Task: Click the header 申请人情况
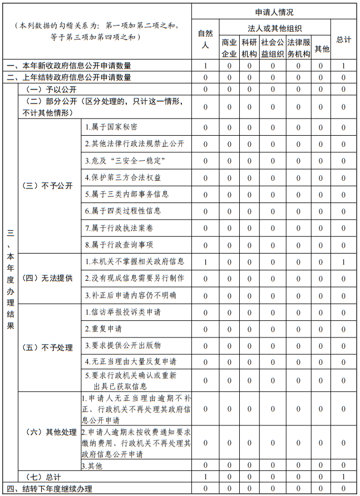(274, 12)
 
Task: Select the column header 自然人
(205, 39)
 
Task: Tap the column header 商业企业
(229, 48)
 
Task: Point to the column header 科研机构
(249, 48)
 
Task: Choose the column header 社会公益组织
(273, 48)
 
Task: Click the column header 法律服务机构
(299, 48)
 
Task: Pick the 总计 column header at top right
(344, 39)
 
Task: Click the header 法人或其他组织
(274, 28)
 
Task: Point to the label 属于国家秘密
(111, 127)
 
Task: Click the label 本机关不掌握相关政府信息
(134, 261)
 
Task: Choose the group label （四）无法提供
(50, 279)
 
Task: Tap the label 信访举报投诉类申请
(123, 313)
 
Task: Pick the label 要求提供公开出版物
(123, 345)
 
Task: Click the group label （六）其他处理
(50, 432)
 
